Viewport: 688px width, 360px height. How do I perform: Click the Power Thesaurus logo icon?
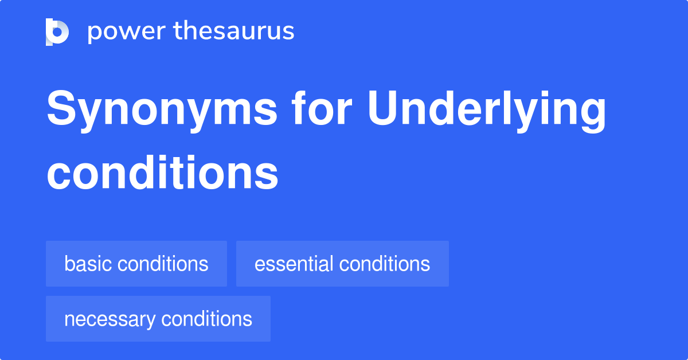click(x=57, y=32)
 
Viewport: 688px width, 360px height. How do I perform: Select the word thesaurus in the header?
click(x=234, y=32)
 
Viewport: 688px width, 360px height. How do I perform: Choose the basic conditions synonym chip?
click(x=136, y=264)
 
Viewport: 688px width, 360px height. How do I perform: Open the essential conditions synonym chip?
click(x=342, y=264)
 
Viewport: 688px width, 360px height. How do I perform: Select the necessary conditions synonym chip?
click(x=158, y=319)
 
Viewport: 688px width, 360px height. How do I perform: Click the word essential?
click(x=294, y=264)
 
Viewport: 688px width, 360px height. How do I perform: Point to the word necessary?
click(x=109, y=319)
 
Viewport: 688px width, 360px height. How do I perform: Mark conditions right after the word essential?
click(x=384, y=264)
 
